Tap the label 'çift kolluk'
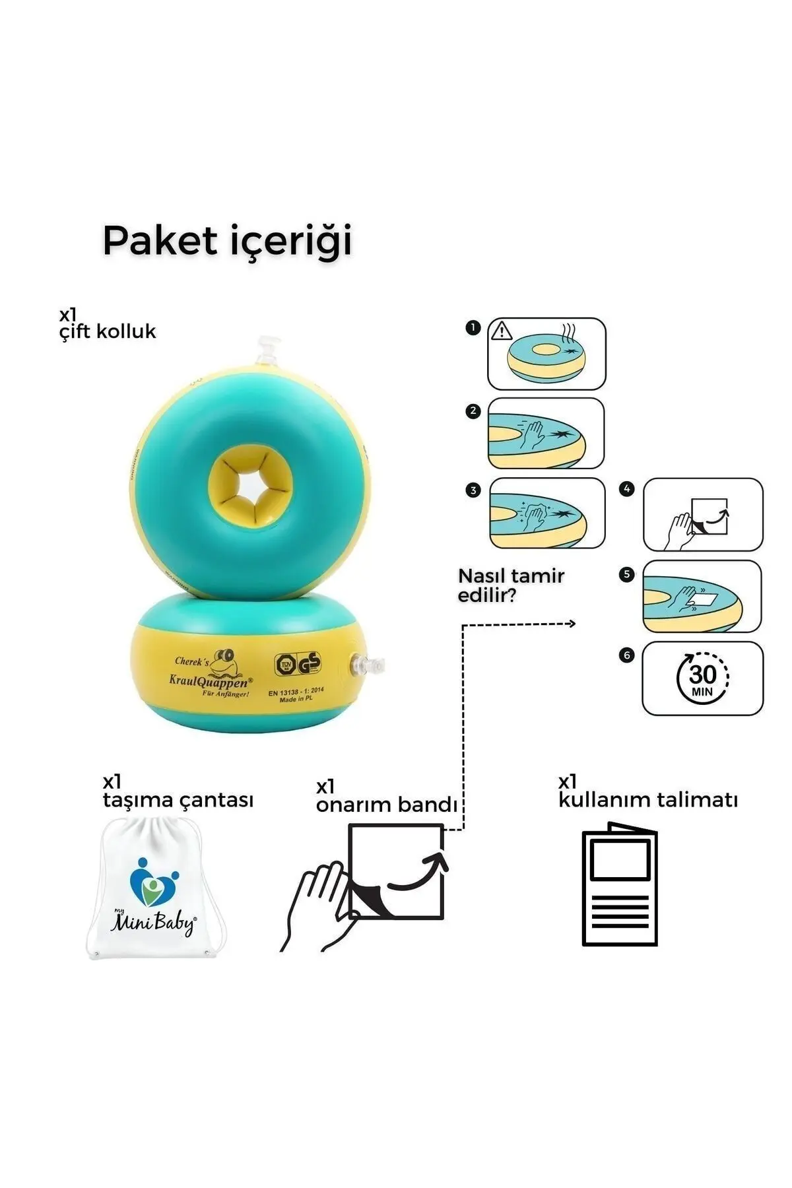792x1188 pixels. pos(108,331)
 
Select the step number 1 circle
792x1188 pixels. pos(473,327)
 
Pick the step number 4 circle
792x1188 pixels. pos(627,489)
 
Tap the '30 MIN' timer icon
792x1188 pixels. pos(702,678)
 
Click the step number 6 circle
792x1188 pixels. pos(627,655)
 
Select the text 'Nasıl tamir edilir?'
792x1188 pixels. pos(511,585)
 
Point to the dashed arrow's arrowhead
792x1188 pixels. pos(572,624)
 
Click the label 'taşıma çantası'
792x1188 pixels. pos(178,800)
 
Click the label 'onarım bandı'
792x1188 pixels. pos(386,805)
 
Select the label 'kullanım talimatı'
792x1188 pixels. pos(647,800)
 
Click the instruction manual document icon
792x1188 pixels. pos(620,884)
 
